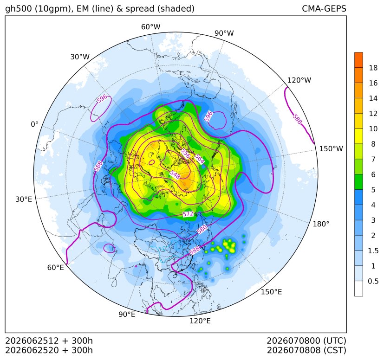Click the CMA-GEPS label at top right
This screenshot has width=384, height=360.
point(324,8)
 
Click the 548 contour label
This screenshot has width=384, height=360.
point(175,174)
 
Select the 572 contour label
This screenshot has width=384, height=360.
point(188,214)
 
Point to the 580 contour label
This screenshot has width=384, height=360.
point(202,229)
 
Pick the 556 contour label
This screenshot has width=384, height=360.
point(185,154)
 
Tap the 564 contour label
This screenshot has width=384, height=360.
point(199,159)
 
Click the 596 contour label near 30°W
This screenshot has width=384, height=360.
point(102,99)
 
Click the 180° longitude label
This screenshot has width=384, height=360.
point(321,224)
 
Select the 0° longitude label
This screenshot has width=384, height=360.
point(35,124)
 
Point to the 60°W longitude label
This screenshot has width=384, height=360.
point(150,27)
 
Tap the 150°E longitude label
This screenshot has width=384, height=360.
point(271,292)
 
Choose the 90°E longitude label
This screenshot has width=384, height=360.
point(127,315)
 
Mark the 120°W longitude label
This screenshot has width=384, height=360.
point(299,80)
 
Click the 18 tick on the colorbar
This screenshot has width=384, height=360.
point(373,68)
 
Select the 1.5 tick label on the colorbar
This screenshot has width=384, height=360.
point(373,251)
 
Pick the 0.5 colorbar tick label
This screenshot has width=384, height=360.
point(373,281)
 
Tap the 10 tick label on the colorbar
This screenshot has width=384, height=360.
point(373,129)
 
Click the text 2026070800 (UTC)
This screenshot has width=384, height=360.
point(306,341)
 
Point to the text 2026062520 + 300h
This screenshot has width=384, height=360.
point(49,350)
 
